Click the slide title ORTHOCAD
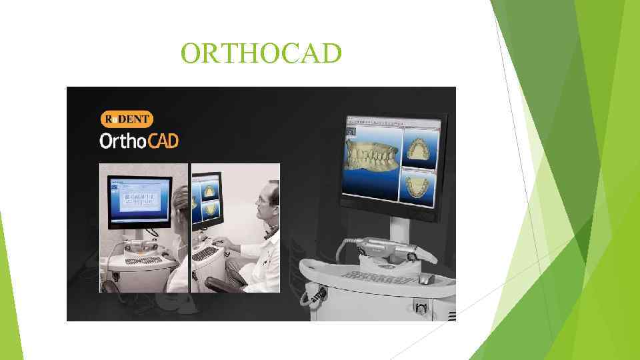click(261, 53)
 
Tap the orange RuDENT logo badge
click(127, 119)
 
